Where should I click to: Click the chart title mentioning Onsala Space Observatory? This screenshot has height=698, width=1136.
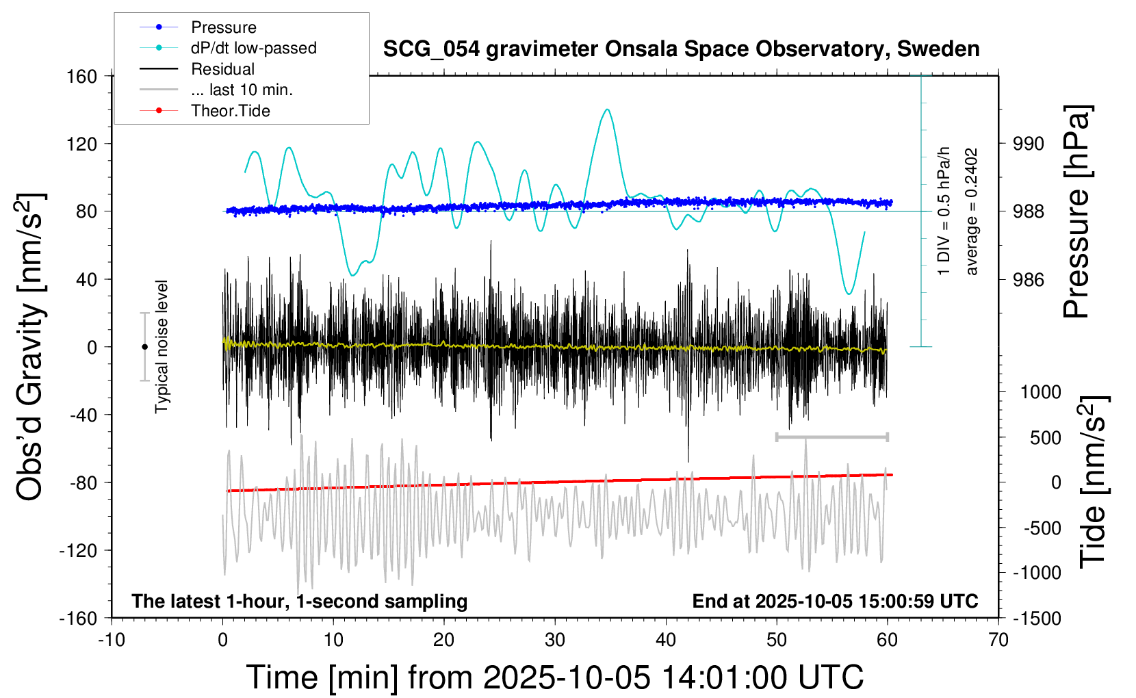pos(681,49)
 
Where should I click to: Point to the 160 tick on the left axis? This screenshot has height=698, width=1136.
pos(82,76)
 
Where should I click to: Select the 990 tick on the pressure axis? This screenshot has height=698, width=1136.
pos(1029,144)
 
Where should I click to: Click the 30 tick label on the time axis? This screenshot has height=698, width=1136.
pos(555,641)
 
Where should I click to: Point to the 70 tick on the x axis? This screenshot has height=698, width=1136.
pos(998,641)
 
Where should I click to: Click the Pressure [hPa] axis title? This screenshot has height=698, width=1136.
pos(1077,211)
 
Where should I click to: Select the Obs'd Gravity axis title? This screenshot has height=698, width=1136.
pos(30,347)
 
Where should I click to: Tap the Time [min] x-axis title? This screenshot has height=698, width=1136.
pos(554,677)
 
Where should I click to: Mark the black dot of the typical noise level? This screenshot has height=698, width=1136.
pos(144,347)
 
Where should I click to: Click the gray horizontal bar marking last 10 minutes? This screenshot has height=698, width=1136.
pos(831,437)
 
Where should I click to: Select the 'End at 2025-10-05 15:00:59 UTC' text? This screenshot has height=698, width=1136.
pos(835,602)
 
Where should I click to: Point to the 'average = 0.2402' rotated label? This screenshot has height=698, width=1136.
pos(972,212)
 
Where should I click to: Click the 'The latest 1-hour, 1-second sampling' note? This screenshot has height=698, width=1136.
pos(300,602)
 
